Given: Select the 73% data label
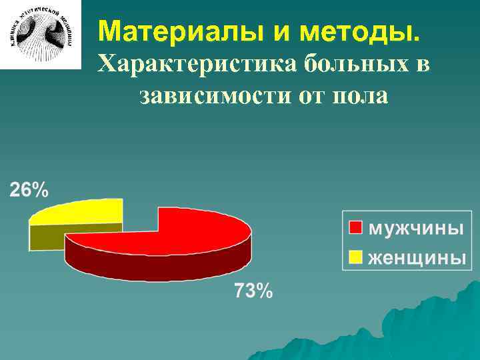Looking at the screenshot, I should (x=253, y=291).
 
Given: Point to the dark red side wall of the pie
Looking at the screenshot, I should (x=153, y=263).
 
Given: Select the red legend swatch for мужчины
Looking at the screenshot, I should (x=356, y=228).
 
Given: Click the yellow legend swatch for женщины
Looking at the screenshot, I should (x=356, y=256).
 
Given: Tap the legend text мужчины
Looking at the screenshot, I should (x=415, y=228).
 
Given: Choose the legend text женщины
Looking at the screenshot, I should (x=417, y=257).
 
